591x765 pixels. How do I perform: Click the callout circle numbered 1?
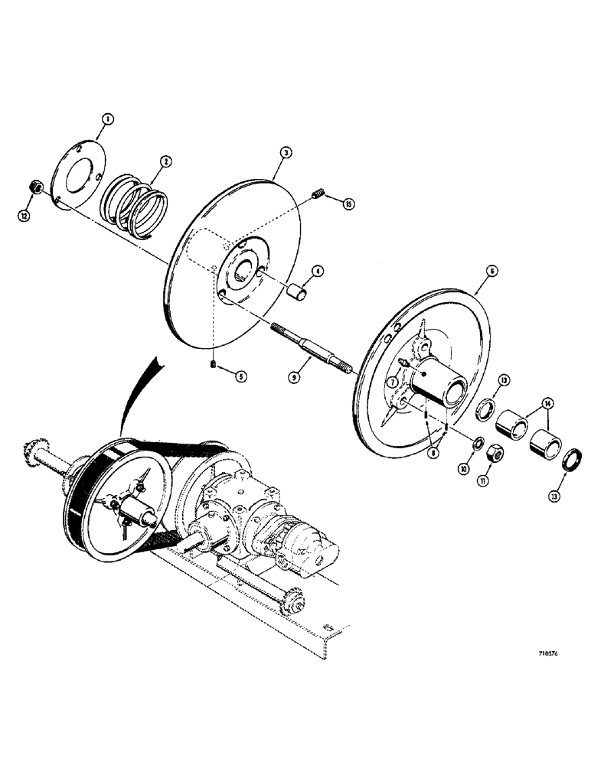pos(108,119)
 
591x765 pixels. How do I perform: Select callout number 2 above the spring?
pos(165,161)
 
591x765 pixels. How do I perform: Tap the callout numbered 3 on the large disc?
pos(284,154)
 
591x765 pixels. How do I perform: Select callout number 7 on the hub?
pos(434,453)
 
